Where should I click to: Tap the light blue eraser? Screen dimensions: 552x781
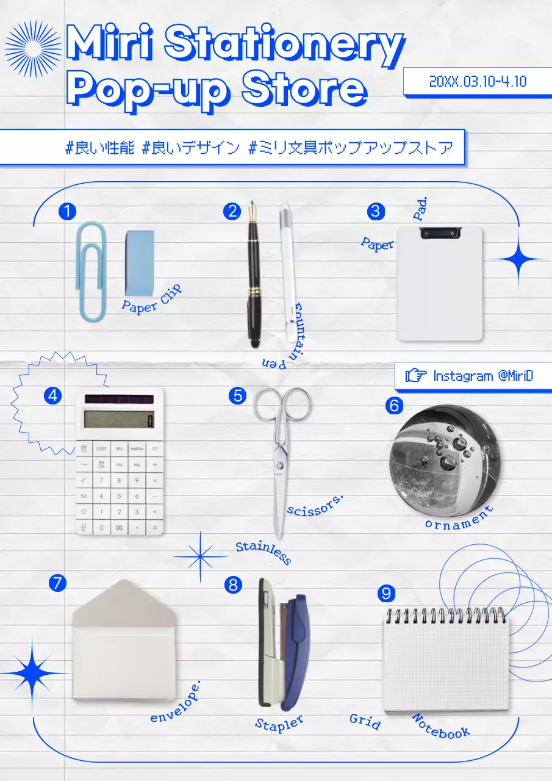tap(140, 263)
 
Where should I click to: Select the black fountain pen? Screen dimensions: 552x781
tap(254, 274)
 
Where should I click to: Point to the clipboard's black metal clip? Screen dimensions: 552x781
tap(441, 232)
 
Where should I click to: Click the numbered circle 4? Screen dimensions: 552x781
tap(53, 395)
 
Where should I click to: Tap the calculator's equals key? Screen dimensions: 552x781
tap(154, 528)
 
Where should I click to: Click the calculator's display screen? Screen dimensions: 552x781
tap(119, 419)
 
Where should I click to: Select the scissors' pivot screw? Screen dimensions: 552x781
tap(279, 466)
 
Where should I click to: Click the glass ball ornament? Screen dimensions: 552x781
tap(445, 461)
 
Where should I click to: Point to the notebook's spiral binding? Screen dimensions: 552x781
tap(446, 616)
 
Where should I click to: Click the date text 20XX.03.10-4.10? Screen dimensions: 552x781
tap(478, 81)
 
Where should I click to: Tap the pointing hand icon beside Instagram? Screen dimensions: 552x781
tap(416, 375)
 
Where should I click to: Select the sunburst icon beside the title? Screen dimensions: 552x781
tap(33, 49)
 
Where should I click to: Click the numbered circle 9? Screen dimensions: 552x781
tap(386, 593)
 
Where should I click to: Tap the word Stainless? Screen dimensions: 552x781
tap(263, 552)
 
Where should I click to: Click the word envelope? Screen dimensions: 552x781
tap(175, 702)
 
